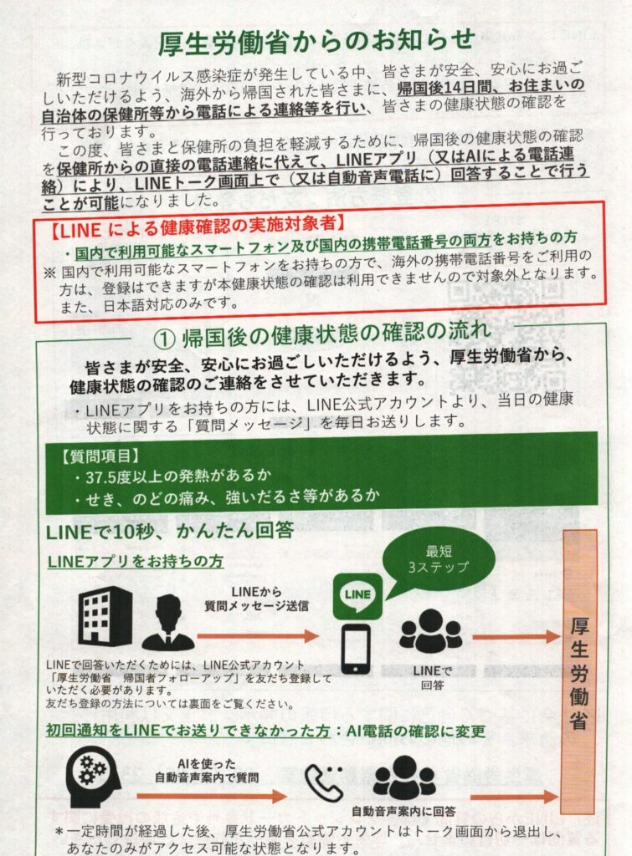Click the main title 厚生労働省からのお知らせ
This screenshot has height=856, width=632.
pyautogui.click(x=316, y=42)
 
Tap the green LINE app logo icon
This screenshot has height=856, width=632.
pyautogui.click(x=357, y=596)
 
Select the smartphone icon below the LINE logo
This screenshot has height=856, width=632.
pyautogui.click(x=356, y=650)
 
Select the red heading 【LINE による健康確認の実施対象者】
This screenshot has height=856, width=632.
pyautogui.click(x=198, y=226)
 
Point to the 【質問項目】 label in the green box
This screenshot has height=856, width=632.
pyautogui.click(x=100, y=456)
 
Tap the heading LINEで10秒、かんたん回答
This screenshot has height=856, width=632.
pyautogui.click(x=170, y=531)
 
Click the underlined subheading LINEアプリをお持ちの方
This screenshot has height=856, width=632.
pyautogui.click(x=135, y=561)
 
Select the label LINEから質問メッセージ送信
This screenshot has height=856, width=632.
pyautogui.click(x=256, y=599)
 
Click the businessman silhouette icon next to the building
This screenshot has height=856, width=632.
pyautogui.click(x=168, y=622)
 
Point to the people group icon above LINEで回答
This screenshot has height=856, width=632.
pyautogui.click(x=431, y=632)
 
